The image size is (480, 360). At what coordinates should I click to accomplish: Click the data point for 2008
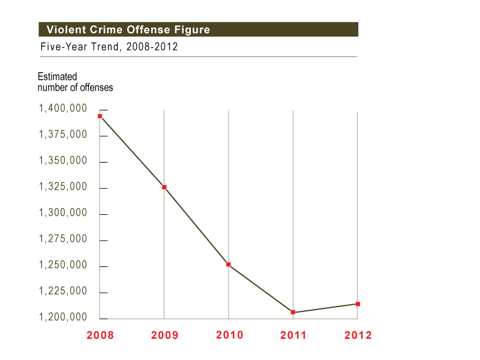(x=100, y=116)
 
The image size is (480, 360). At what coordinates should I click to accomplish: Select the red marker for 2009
(x=164, y=187)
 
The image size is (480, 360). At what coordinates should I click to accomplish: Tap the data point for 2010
(x=229, y=265)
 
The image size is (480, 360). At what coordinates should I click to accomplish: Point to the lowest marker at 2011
(x=293, y=312)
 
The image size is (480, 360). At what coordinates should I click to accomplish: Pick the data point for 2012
(x=358, y=304)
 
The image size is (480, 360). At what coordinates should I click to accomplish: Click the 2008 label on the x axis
(x=100, y=335)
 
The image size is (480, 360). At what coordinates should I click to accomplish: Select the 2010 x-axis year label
(x=229, y=335)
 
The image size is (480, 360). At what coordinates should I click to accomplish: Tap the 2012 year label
(x=358, y=335)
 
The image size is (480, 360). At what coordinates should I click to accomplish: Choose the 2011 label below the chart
(x=293, y=335)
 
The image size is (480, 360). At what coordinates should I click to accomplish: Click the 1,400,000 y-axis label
(x=62, y=109)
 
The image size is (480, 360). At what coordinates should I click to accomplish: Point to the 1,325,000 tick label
(x=62, y=187)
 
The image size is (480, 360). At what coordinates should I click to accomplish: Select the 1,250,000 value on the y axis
(x=62, y=265)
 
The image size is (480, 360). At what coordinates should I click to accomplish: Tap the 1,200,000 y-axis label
(x=62, y=317)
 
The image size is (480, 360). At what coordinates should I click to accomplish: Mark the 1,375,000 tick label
(x=62, y=135)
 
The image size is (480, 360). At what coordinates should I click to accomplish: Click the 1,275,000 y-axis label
(x=62, y=239)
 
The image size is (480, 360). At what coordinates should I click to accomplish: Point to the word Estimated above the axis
(x=58, y=77)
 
